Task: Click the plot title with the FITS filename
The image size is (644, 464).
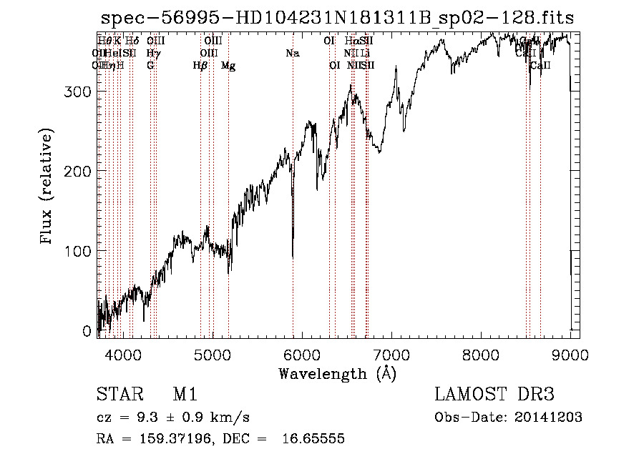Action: point(336,17)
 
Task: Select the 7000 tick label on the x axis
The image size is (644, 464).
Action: point(392,355)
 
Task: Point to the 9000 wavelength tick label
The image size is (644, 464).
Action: point(570,355)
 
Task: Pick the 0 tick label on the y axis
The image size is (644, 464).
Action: point(87,331)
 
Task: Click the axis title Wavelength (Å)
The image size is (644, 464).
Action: point(336,373)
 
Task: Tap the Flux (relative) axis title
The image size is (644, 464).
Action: point(48,187)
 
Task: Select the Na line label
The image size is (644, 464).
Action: point(292,53)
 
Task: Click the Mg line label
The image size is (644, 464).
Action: point(228,66)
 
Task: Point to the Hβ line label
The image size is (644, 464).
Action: point(200,66)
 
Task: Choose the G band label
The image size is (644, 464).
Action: point(150,66)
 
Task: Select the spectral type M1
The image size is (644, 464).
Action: point(185,395)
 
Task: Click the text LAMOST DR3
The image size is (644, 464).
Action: point(494,395)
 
